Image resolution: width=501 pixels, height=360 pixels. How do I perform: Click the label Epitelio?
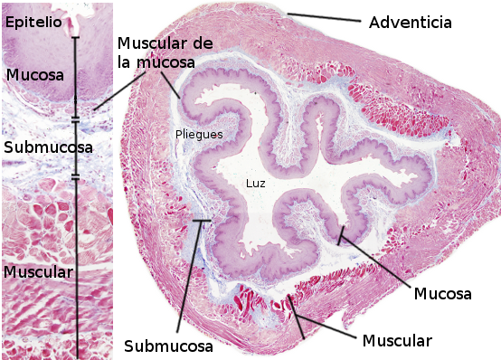33,23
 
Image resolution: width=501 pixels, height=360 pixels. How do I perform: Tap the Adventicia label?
411,23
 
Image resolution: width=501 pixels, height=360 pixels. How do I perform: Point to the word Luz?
255,184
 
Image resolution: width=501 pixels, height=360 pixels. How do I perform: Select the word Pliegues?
199,135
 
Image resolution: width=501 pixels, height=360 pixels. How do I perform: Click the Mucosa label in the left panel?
35,75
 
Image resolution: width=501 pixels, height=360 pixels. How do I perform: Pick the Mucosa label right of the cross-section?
442,293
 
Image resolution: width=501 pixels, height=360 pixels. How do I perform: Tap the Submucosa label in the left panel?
48,147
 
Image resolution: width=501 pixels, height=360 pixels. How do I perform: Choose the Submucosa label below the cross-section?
168,346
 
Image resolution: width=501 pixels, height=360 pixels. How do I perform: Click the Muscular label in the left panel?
38,272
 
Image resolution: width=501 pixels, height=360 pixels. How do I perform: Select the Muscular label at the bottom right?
397,341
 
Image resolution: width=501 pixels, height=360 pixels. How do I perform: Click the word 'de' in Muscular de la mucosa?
203,43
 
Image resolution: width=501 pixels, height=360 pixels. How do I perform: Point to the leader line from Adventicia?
324,17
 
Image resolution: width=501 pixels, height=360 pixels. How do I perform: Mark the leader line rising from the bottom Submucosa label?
190,276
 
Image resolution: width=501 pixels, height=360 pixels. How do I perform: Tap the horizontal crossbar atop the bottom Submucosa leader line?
202,221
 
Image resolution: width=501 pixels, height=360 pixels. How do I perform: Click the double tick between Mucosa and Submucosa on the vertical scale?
75,120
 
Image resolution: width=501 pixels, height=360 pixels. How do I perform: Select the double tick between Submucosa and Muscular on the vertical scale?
75,176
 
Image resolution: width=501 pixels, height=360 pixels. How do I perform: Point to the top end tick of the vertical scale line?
75,38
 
